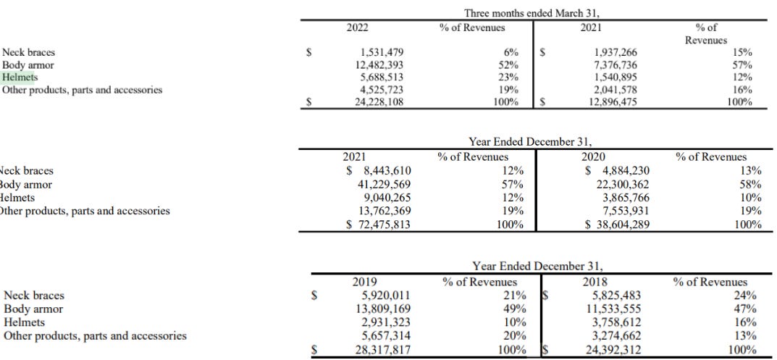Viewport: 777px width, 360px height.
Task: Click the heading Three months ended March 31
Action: [532, 13]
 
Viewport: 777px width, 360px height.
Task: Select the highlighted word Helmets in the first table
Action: [20, 78]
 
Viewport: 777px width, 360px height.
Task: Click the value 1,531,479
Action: [382, 52]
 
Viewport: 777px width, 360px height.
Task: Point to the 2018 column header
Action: [595, 282]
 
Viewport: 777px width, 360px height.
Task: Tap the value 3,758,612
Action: [617, 322]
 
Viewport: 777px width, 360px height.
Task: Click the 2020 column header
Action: [595, 156]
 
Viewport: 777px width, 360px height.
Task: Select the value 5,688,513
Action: [382, 78]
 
